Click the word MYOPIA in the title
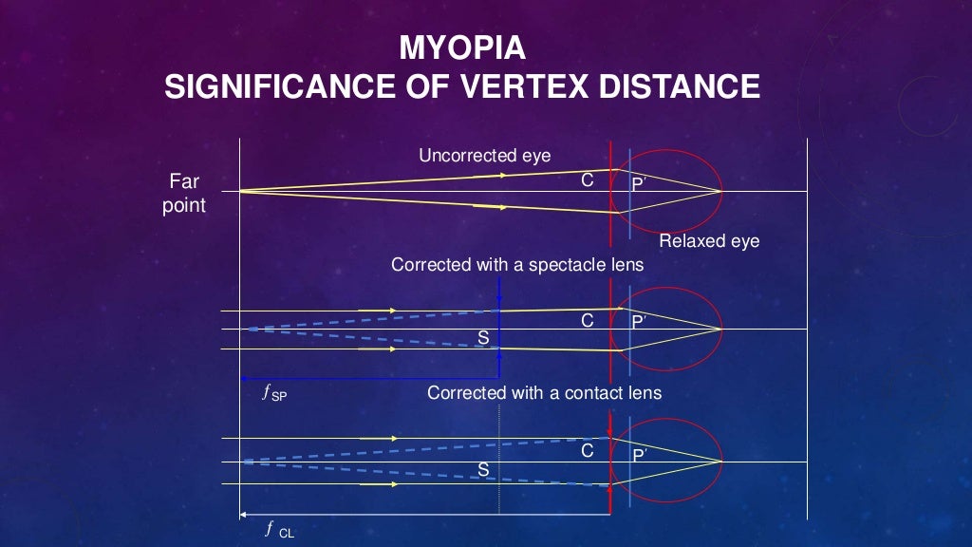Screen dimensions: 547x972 tap(462, 47)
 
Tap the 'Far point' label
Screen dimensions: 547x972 tap(184, 192)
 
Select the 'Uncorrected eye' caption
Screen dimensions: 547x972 tap(484, 156)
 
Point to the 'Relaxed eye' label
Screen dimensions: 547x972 tap(709, 241)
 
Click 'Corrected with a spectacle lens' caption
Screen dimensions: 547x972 tap(517, 265)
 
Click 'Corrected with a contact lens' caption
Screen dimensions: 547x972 tap(544, 392)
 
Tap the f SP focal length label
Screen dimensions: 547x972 tap(274, 391)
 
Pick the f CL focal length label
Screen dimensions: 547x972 tap(280, 530)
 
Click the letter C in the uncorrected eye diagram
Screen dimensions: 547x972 tap(589, 179)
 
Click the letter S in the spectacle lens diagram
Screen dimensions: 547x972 tap(483, 337)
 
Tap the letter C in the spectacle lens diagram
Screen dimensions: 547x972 tap(588, 321)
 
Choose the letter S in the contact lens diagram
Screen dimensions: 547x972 tap(483, 469)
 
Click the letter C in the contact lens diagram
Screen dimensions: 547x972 tap(588, 450)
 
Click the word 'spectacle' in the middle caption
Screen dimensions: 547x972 tap(557, 265)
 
